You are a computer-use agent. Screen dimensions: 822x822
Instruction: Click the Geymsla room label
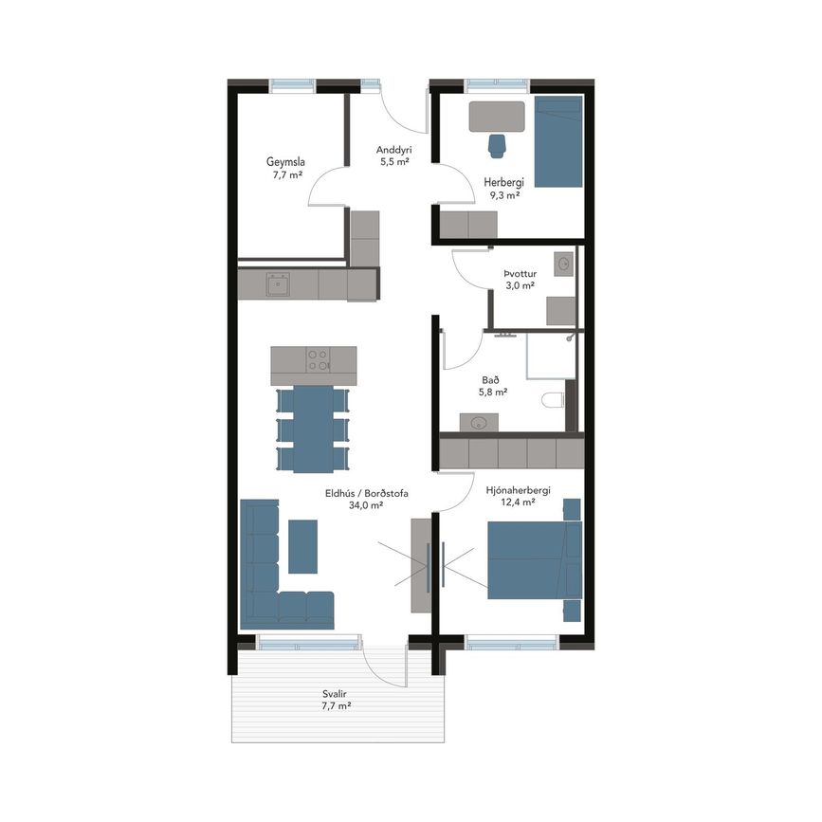pyautogui.click(x=285, y=162)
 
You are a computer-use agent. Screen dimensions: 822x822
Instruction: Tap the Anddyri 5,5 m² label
pyautogui.click(x=394, y=155)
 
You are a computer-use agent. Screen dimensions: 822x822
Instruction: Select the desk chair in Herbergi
pyautogui.click(x=497, y=145)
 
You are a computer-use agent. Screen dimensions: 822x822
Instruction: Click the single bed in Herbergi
pyautogui.click(x=558, y=141)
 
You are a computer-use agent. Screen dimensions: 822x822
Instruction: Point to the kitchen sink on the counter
pyautogui.click(x=278, y=284)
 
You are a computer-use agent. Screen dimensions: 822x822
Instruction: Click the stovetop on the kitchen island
pyautogui.click(x=319, y=359)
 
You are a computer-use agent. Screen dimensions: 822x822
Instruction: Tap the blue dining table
pyautogui.click(x=314, y=429)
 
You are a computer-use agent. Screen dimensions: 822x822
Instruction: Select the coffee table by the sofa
pyautogui.click(x=303, y=546)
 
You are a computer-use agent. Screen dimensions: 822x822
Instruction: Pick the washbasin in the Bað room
pyautogui.click(x=479, y=423)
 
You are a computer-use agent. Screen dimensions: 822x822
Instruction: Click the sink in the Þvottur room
pyautogui.click(x=564, y=264)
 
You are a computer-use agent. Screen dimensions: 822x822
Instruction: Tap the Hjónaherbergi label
pyautogui.click(x=518, y=491)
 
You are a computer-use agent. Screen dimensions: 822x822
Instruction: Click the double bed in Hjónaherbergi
pyautogui.click(x=535, y=560)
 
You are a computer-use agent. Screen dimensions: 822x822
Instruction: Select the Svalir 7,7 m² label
pyautogui.click(x=336, y=700)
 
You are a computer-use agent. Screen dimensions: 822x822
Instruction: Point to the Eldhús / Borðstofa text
pyautogui.click(x=367, y=493)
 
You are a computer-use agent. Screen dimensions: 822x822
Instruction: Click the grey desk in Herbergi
pyautogui.click(x=497, y=117)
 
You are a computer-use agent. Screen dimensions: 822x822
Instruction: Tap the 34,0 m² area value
pyautogui.click(x=366, y=505)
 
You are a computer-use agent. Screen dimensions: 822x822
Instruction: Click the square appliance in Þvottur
pyautogui.click(x=561, y=311)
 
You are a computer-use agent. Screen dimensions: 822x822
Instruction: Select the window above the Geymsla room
pyautogui.click(x=293, y=85)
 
